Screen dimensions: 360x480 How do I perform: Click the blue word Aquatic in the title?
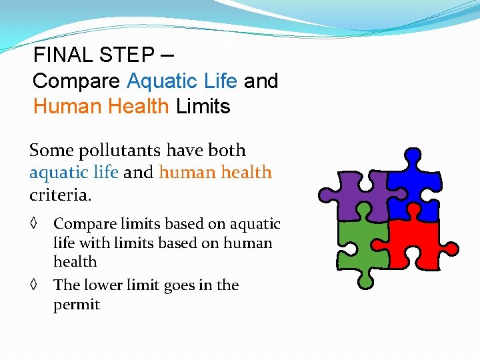160,81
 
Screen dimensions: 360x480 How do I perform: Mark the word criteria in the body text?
59,196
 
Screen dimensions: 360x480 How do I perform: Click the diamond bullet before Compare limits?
35,225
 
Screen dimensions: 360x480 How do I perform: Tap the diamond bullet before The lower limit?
35,285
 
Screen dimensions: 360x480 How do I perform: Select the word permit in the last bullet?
77,305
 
